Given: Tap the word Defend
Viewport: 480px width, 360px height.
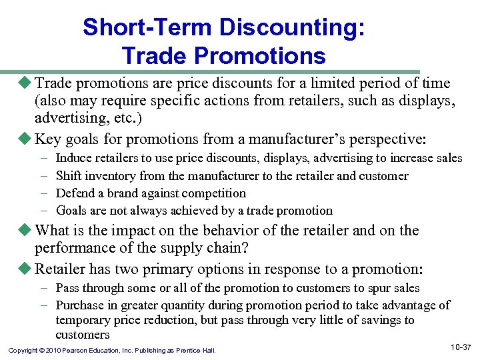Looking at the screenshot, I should point(74,193).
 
